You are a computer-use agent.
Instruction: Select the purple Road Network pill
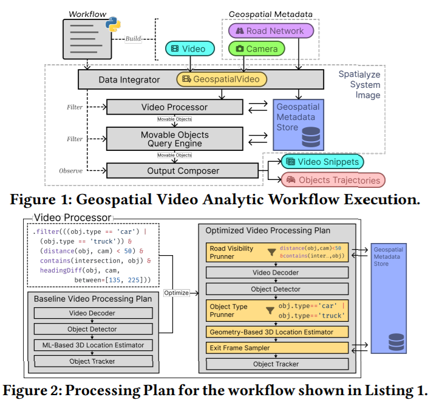pos(270,31)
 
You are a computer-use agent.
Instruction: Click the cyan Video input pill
pos(189,48)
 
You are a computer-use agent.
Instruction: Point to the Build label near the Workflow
pos(133,39)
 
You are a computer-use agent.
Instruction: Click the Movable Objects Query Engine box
pos(174,139)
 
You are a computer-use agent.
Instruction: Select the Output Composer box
pos(182,170)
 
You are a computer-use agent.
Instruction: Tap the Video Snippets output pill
pos(322,162)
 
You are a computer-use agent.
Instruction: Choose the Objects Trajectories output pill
pos(333,179)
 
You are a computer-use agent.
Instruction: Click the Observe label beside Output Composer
pos(70,170)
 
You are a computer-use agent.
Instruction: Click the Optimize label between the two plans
pos(177,293)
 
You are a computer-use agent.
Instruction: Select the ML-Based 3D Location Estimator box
pos(89,345)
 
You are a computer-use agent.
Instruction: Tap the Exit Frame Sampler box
pos(276,348)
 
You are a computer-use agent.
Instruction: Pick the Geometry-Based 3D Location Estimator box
pos(276,332)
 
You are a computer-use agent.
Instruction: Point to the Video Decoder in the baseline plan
pos(89,313)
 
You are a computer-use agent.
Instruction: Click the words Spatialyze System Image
pos(359,85)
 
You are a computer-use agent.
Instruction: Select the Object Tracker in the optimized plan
pos(276,364)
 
